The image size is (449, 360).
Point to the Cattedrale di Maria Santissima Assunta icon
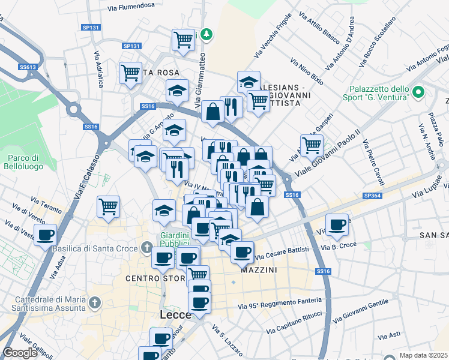click(93, 301)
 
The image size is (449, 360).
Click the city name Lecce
click(175, 315)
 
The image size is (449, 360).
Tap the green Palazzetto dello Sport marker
click(418, 92)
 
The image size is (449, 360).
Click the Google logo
click(19, 353)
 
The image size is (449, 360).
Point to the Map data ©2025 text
click(423, 355)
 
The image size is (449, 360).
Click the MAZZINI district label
click(259, 271)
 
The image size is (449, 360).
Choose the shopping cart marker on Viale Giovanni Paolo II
click(312, 145)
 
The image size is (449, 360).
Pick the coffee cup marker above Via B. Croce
click(337, 224)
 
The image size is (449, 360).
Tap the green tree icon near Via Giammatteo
click(206, 34)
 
